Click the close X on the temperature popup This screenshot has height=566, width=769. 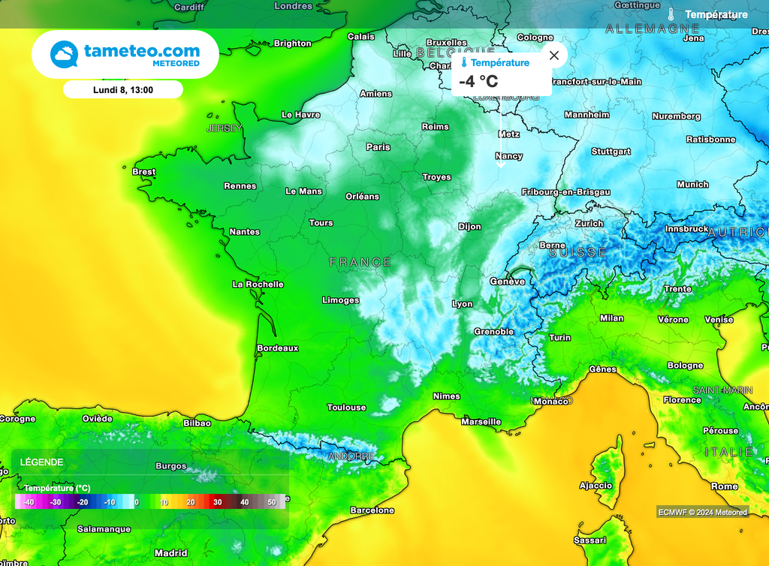pyautogui.click(x=554, y=56)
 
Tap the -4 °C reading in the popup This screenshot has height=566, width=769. pyautogui.click(x=478, y=81)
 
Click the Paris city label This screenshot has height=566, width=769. pyautogui.click(x=378, y=147)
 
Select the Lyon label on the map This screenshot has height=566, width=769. pyautogui.click(x=463, y=304)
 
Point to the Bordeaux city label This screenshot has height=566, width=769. pyautogui.click(x=278, y=348)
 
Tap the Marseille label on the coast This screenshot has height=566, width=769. pyautogui.click(x=481, y=422)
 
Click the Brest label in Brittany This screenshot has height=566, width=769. pyautogui.click(x=144, y=172)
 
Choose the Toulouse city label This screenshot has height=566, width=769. pyautogui.click(x=347, y=408)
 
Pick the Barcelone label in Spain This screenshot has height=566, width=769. pyautogui.click(x=372, y=510)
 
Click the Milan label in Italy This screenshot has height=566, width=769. pyautogui.click(x=612, y=318)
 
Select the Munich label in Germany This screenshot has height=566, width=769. pyautogui.click(x=692, y=185)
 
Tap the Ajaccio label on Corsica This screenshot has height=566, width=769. pyautogui.click(x=596, y=486)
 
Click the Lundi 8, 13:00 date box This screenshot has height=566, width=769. pyautogui.click(x=123, y=90)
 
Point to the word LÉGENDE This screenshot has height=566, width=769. pyautogui.click(x=42, y=462)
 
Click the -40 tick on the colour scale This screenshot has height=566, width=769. pyautogui.click(x=29, y=501)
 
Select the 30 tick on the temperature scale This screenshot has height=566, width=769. pyautogui.click(x=217, y=501)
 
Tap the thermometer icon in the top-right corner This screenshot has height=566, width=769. pyautogui.click(x=671, y=14)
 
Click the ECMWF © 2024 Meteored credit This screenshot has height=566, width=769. pyautogui.click(x=702, y=512)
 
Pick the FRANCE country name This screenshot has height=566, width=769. pyautogui.click(x=360, y=262)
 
